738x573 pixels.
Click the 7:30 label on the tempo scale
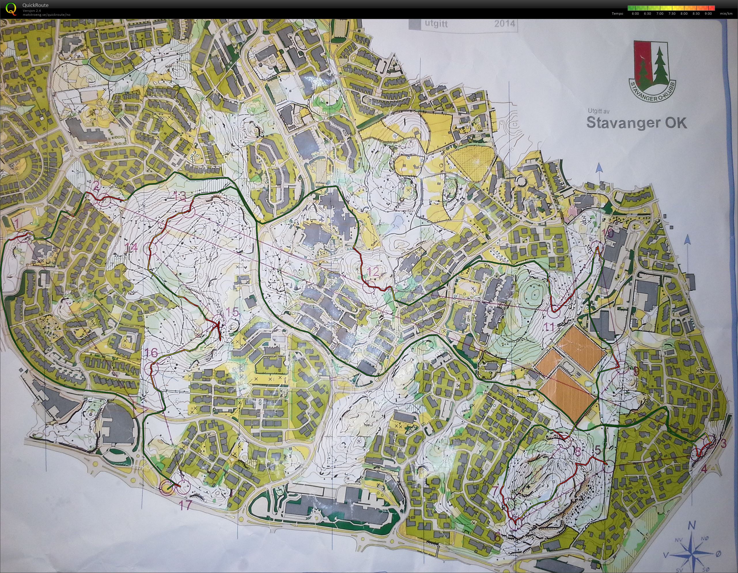point(672,14)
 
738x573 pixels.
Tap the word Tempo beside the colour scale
point(617,14)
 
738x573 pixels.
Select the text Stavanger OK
point(637,123)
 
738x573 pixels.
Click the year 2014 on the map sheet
point(504,23)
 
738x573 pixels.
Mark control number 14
point(131,248)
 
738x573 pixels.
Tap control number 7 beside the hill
point(496,490)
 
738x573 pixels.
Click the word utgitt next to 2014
point(436,24)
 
